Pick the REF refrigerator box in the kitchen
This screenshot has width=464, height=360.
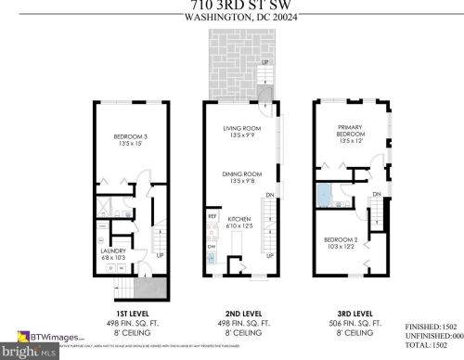point(212,220)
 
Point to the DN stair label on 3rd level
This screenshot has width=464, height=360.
point(378,193)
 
